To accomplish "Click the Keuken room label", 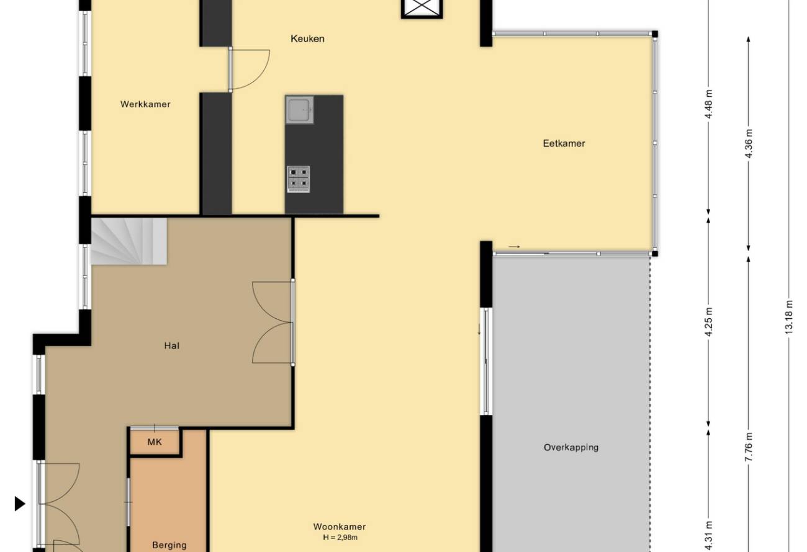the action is coord(307,38).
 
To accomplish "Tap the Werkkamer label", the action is coord(145,104).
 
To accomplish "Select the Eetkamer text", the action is coord(564,143).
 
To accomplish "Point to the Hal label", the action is coord(171,346).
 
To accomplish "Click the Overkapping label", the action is coord(571,448).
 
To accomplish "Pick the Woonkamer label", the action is coord(340,527).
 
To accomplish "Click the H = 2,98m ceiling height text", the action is coord(340,538).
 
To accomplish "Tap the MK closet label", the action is coord(155,442).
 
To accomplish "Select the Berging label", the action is coord(169,545).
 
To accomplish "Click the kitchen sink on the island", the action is coord(299,110).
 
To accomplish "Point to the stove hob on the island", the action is coord(299,179).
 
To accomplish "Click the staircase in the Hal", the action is coord(128,241).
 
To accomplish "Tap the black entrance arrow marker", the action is coord(20,504).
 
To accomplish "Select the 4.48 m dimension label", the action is coord(709,104).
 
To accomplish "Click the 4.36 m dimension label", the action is coord(748,143).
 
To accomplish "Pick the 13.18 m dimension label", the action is coord(788,317).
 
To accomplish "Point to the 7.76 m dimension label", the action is coord(748,447).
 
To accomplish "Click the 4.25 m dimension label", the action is coord(709,322).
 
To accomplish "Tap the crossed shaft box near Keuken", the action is coord(422,8).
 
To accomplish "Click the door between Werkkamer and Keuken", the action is coord(249,69).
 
